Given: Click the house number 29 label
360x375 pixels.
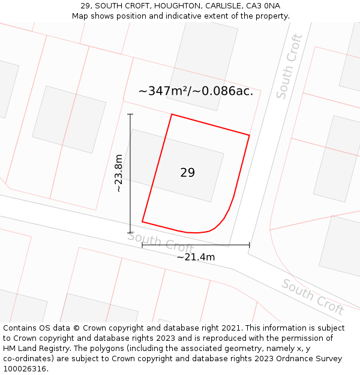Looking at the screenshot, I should pos(187,173).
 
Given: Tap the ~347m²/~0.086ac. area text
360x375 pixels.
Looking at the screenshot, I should pos(196,91).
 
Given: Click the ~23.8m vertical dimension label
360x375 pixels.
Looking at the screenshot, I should pos(119,173).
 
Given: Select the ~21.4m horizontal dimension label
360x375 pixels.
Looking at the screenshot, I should pos(196,257).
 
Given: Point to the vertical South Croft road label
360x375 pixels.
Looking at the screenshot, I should pos(289,67).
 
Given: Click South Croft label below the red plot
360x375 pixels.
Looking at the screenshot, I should pos(160,242).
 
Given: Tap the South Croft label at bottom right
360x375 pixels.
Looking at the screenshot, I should pos(313,296).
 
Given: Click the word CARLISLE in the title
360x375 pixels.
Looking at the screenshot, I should pos(221,6).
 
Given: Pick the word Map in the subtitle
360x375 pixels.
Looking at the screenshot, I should pos(81,16).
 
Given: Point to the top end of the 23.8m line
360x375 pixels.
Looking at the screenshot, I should pos(130,114).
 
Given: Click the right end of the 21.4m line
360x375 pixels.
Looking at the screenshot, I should pos(249,245).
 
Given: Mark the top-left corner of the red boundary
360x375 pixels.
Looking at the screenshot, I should pos(172,114).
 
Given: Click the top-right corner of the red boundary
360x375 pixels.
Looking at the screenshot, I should pos(249,135).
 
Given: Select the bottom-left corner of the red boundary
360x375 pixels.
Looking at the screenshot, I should pos(142,222).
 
